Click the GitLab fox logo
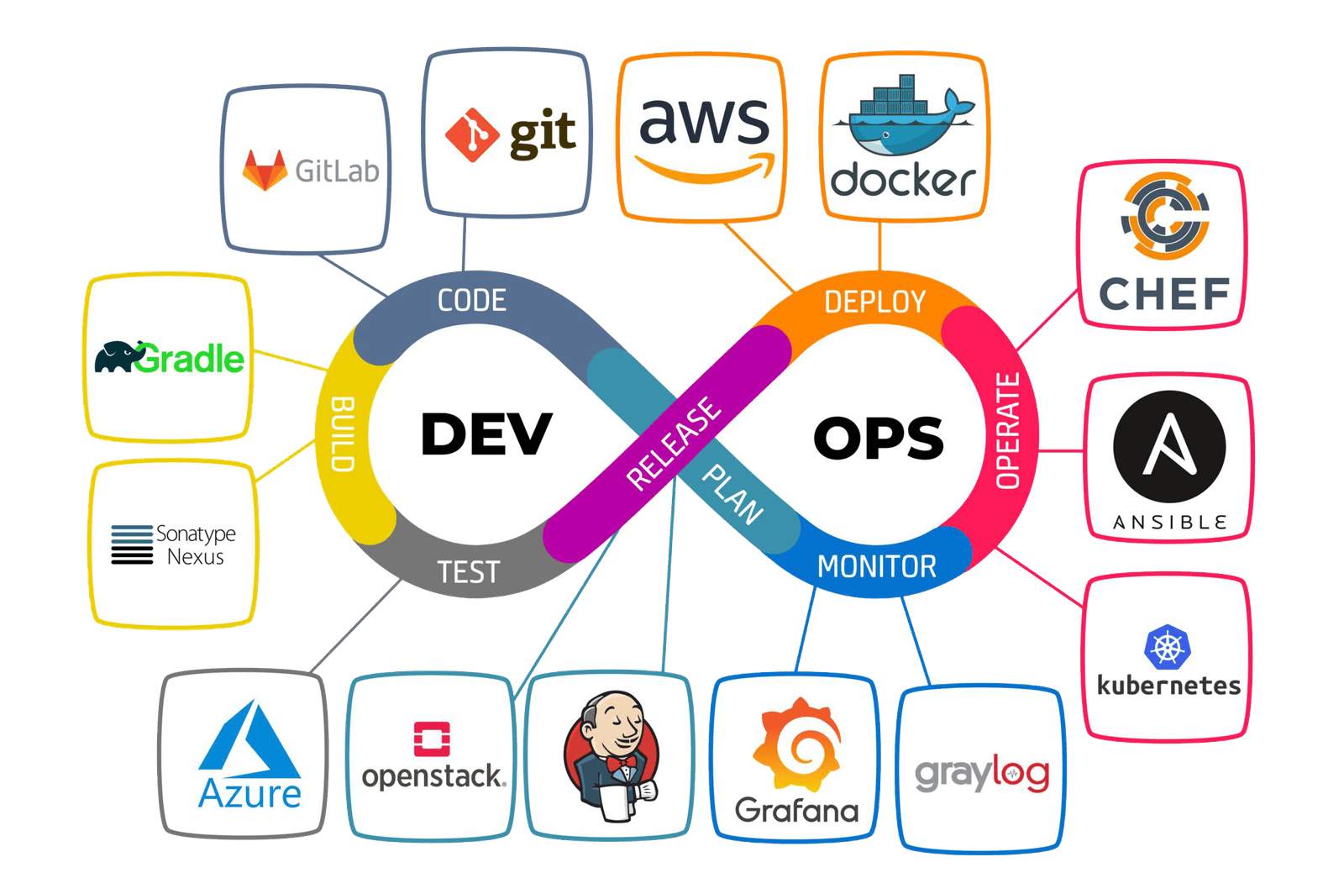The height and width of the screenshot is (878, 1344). pyautogui.click(x=264, y=171)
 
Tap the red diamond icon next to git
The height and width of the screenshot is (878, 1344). pyautogui.click(x=472, y=134)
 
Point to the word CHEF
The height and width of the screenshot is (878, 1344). pyautogui.click(x=1164, y=294)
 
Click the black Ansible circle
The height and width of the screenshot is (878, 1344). pyautogui.click(x=1169, y=446)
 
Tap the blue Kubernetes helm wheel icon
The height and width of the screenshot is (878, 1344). pyautogui.click(x=1168, y=648)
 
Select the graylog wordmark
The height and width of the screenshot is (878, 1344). pyautogui.click(x=982, y=773)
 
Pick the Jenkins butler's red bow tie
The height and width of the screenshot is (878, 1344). pyautogui.click(x=621, y=762)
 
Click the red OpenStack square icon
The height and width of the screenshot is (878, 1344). pyautogui.click(x=432, y=739)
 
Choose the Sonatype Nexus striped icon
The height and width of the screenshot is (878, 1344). pyautogui.click(x=132, y=544)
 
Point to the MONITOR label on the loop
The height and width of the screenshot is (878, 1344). pyautogui.click(x=876, y=567)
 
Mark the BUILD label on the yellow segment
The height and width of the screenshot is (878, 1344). pyautogui.click(x=343, y=434)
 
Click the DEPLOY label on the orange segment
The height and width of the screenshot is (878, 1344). pyautogui.click(x=874, y=302)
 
